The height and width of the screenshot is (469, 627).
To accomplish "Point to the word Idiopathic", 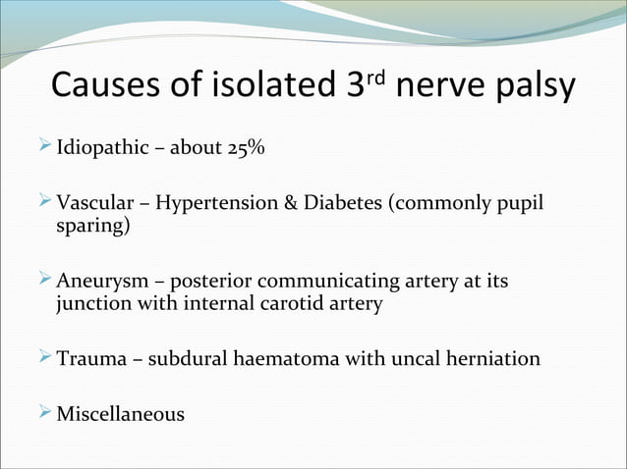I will coord(98,149).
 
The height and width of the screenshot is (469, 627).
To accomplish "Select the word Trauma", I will coord(89,358).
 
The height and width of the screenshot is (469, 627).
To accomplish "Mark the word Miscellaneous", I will coord(120,414).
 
